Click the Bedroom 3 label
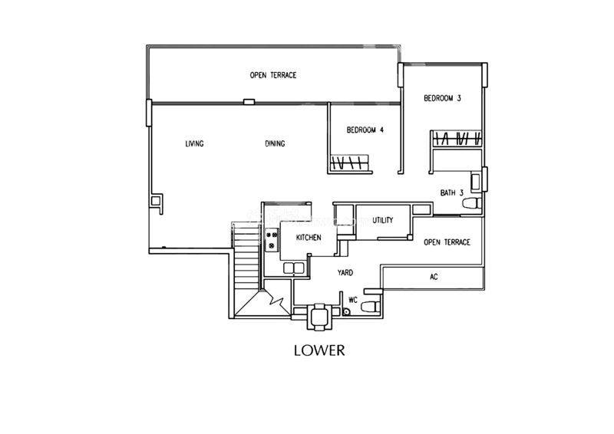click(442, 98)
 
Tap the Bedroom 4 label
click(365, 130)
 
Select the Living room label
click(194, 143)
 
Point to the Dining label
click(275, 143)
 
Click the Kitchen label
click(309, 238)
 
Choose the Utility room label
click(382, 220)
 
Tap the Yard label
click(345, 272)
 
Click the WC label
click(353, 300)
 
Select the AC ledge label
click(434, 277)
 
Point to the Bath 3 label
click(452, 192)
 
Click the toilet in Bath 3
click(472, 203)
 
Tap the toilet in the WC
click(371, 307)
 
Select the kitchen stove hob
click(272, 240)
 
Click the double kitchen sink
click(294, 268)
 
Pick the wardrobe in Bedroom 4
click(350, 163)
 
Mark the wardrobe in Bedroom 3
click(457, 139)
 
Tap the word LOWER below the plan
click(319, 350)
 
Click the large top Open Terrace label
click(273, 75)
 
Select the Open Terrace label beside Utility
click(447, 242)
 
